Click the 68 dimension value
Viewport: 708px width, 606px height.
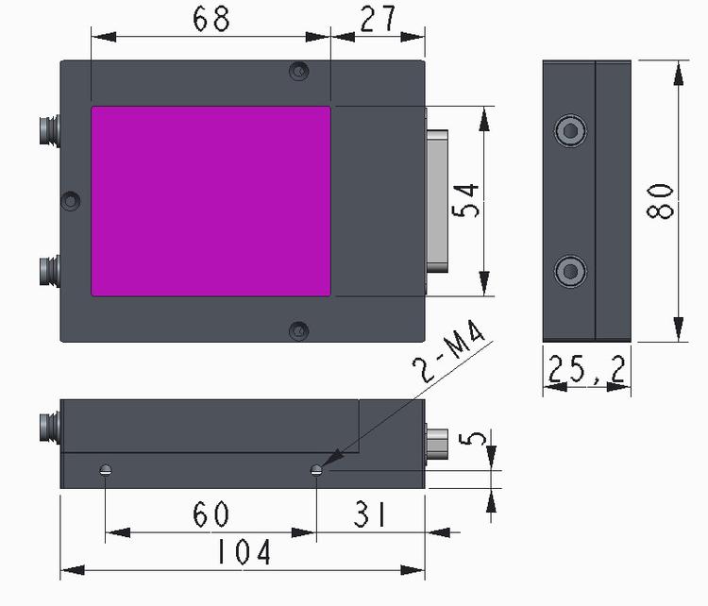point(211,20)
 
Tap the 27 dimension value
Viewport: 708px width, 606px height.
point(378,19)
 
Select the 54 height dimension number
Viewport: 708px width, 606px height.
point(465,200)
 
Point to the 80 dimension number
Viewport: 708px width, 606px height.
point(660,200)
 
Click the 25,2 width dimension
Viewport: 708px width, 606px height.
point(586,369)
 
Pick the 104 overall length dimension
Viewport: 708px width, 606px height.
point(244,552)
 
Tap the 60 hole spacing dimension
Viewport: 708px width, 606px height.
point(211,514)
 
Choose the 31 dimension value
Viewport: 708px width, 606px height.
point(370,514)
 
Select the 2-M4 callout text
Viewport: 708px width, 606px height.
point(448,351)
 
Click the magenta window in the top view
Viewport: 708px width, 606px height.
point(211,201)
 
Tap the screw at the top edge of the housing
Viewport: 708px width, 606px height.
point(299,71)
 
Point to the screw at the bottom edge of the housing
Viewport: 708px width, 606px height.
point(299,331)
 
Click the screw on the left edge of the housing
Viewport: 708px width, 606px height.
point(71,200)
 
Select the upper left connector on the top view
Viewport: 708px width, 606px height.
point(50,130)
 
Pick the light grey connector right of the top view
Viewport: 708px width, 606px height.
point(437,201)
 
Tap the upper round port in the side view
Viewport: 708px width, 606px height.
point(571,131)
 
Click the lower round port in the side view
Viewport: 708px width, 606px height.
point(571,271)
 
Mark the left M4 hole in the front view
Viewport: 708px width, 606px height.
point(105,470)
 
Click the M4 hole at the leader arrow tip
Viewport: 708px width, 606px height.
point(316,470)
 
